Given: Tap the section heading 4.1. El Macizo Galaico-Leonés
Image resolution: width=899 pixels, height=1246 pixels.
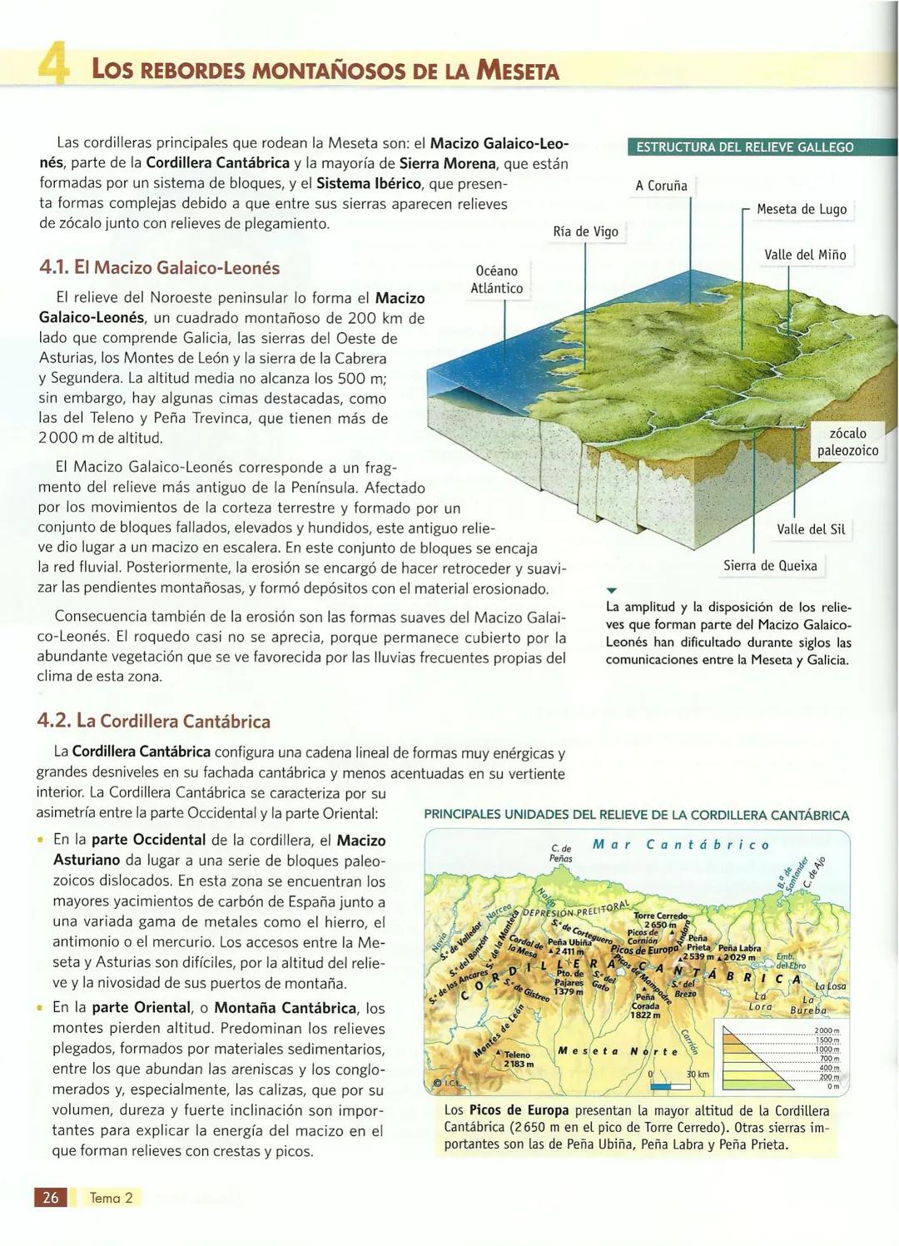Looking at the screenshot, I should click(159, 268).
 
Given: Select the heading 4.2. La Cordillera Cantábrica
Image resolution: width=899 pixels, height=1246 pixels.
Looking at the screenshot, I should click(154, 721).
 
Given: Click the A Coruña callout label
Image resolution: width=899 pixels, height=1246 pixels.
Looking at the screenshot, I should click(661, 186).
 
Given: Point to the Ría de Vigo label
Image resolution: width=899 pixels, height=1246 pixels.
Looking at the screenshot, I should click(585, 231).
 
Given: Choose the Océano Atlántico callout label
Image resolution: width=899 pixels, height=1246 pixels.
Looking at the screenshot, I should click(496, 280).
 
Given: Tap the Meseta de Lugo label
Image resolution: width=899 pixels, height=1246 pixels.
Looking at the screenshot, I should click(801, 210).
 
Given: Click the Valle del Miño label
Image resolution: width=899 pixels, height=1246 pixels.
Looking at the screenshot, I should click(804, 255).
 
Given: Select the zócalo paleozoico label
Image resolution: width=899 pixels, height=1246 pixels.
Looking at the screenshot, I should click(847, 442).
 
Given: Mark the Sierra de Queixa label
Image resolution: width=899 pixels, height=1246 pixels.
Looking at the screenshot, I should click(769, 566).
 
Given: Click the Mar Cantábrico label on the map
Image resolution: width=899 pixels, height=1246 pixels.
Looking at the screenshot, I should click(680, 845).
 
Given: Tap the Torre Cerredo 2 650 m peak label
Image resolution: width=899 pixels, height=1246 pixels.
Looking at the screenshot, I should click(660, 920).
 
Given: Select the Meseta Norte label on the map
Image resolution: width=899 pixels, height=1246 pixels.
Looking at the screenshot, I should click(618, 1051).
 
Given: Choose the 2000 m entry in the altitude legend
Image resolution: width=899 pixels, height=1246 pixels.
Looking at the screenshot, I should click(827, 1031).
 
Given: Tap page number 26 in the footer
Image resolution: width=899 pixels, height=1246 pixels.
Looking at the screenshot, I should click(51, 1197).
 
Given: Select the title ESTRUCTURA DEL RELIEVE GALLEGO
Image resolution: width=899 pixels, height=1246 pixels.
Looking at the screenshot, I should click(744, 147).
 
